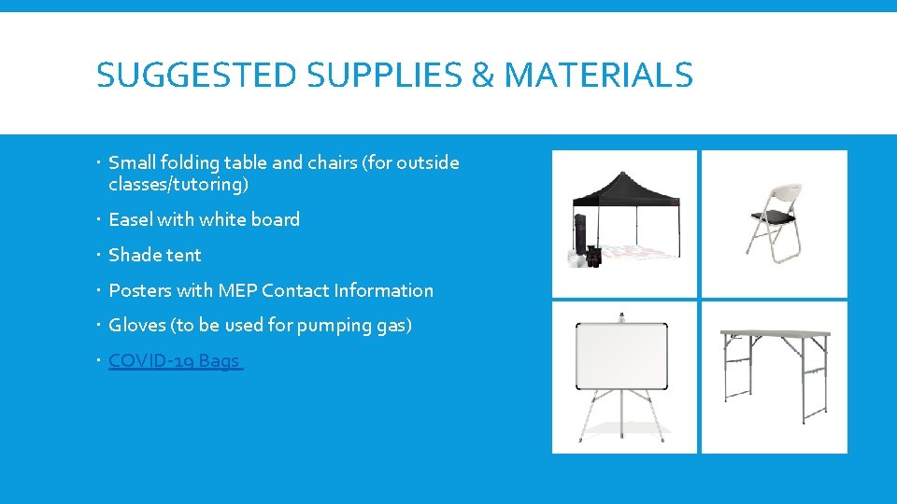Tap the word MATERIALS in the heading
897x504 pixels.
click(x=598, y=75)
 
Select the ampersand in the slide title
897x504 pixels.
click(x=482, y=75)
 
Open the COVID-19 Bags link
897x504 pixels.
click(x=174, y=360)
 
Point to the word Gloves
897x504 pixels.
click(x=136, y=326)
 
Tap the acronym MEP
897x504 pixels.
click(x=237, y=290)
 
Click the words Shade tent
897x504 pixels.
click(x=155, y=255)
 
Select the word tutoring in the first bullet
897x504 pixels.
click(x=211, y=185)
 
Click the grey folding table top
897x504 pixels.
click(x=774, y=334)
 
